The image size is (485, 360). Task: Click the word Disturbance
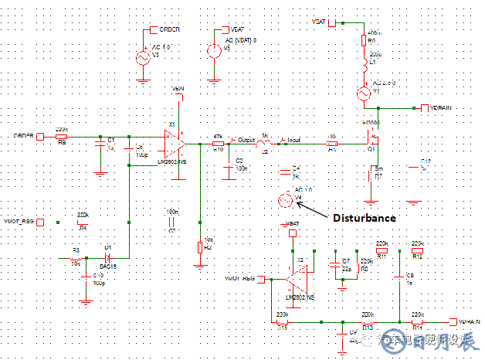pyautogui.click(x=365, y=218)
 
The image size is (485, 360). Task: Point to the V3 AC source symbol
pyautogui.click(x=143, y=58)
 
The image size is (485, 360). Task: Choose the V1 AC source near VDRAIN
pyautogui.click(x=362, y=93)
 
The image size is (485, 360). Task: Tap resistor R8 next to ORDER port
pyautogui.click(x=62, y=137)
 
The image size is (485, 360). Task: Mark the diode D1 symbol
pyautogui.click(x=109, y=257)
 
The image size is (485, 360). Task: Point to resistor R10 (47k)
pyautogui.click(x=218, y=143)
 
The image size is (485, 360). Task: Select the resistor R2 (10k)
pyautogui.click(x=199, y=246)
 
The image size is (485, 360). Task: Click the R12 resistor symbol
pyautogui.click(x=418, y=247)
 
